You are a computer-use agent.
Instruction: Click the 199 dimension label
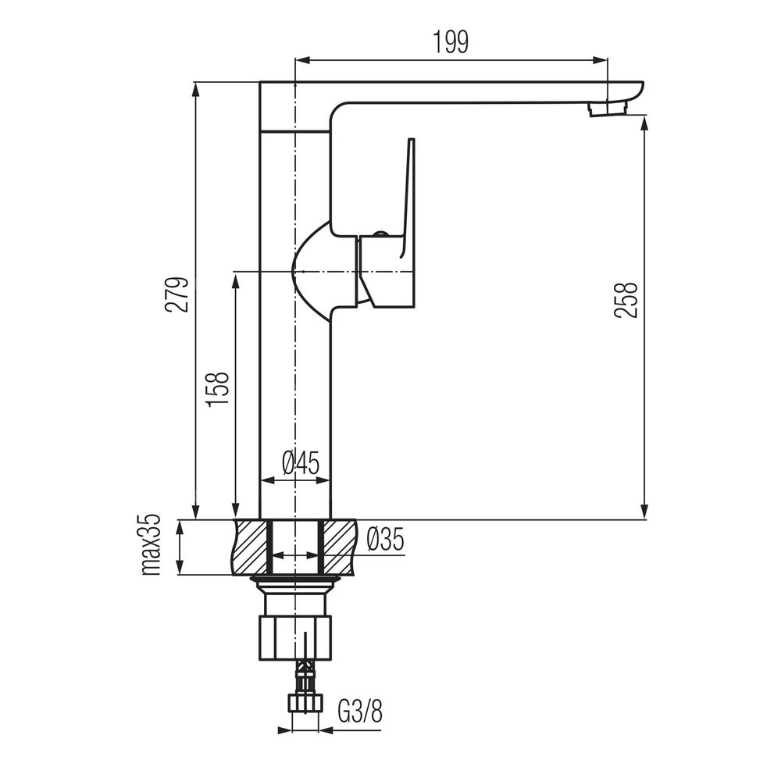coord(451,42)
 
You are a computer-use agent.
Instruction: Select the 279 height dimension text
coord(178,294)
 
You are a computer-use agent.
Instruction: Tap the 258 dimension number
coord(626,300)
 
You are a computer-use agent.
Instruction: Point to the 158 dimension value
coord(218,389)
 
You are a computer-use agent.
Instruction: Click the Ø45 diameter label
coord(301,464)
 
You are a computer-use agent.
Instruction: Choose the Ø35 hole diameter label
coord(385,540)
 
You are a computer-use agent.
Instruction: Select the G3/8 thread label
coord(360,712)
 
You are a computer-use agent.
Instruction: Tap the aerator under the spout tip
coord(607,109)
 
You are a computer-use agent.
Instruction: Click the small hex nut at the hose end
coord(305,704)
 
